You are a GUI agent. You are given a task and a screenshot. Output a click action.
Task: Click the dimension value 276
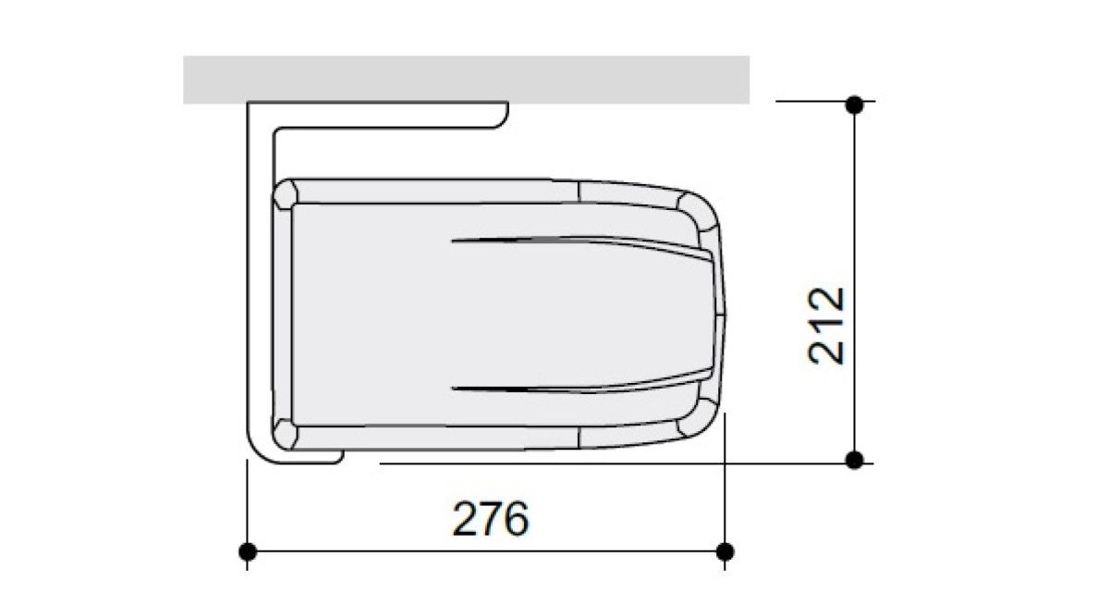coord(491,519)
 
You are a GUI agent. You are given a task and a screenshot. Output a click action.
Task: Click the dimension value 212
coord(826,326)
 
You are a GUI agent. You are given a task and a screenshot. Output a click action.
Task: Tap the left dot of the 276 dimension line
coord(248,551)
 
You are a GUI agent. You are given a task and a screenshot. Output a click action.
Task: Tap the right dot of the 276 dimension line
coord(725,551)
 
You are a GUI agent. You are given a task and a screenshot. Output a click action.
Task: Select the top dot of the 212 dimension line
coord(855,105)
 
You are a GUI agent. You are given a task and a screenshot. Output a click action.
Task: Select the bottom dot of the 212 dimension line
coord(855,460)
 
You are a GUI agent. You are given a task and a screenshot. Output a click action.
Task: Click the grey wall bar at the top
coord(466,80)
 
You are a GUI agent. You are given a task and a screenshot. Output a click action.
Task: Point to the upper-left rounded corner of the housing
coord(285,194)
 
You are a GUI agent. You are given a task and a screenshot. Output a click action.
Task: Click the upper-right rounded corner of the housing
coord(699,213)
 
